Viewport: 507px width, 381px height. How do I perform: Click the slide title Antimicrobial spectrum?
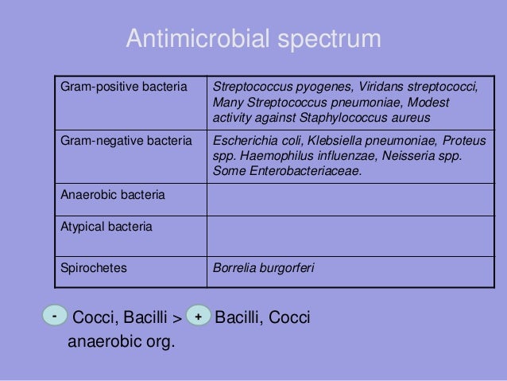click(x=253, y=39)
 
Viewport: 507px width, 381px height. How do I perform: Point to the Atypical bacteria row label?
click(x=103, y=227)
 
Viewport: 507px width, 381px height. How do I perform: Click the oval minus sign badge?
click(x=53, y=316)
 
